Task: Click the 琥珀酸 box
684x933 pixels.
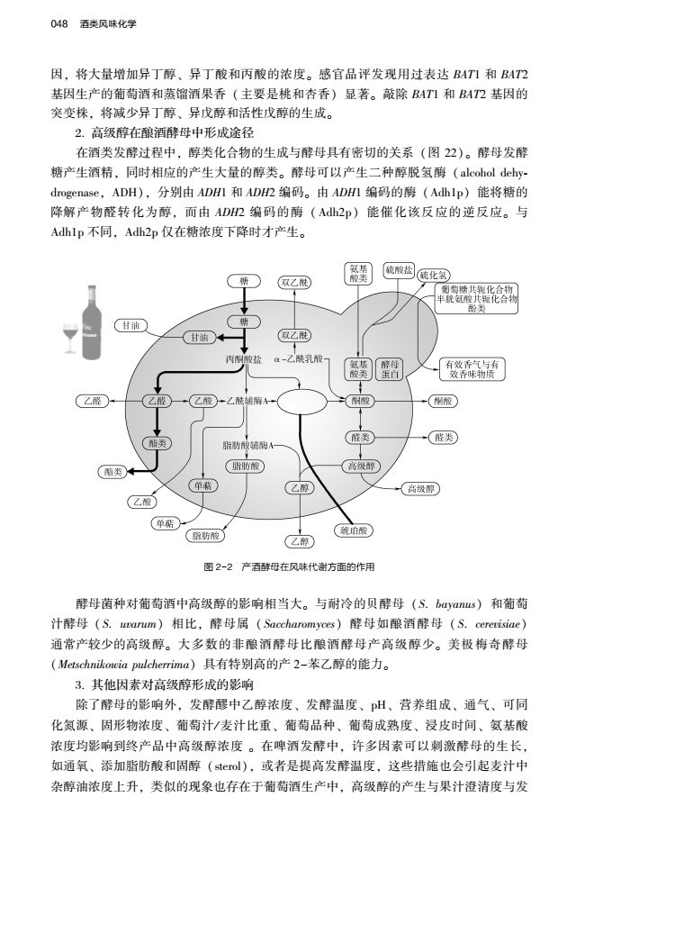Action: point(352,530)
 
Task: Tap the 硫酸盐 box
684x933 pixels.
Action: point(399,270)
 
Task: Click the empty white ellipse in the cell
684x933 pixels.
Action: point(301,400)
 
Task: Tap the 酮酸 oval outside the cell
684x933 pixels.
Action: point(443,400)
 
